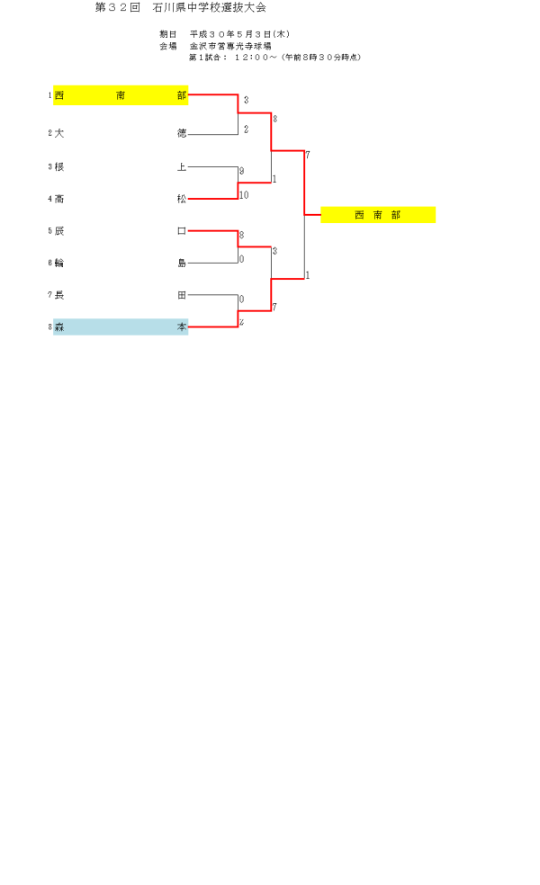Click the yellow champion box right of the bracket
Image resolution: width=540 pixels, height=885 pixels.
click(378, 215)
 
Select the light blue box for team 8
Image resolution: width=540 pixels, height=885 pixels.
click(121, 327)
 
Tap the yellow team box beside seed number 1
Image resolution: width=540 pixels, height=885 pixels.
click(121, 95)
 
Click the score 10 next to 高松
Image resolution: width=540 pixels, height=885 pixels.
click(244, 195)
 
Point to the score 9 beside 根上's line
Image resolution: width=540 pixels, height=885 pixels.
click(241, 171)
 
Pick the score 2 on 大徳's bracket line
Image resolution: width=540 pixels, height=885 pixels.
click(246, 130)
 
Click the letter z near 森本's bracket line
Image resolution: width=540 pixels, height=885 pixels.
click(241, 322)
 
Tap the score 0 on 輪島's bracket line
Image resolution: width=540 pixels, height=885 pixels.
click(241, 259)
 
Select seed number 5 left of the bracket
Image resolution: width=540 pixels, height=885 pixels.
click(50, 231)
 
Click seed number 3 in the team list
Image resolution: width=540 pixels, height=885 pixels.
click(50, 166)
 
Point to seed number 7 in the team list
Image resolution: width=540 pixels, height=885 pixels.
click(50, 295)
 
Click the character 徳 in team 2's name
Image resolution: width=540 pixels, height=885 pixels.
click(182, 133)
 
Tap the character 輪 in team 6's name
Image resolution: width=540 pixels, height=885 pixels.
click(59, 264)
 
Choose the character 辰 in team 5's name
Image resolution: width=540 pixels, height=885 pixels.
click(59, 231)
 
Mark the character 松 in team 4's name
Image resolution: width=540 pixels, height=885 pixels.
click(182, 199)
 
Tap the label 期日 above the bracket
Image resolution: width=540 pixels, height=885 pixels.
click(167, 34)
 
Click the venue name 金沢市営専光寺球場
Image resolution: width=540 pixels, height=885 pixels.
click(230, 45)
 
